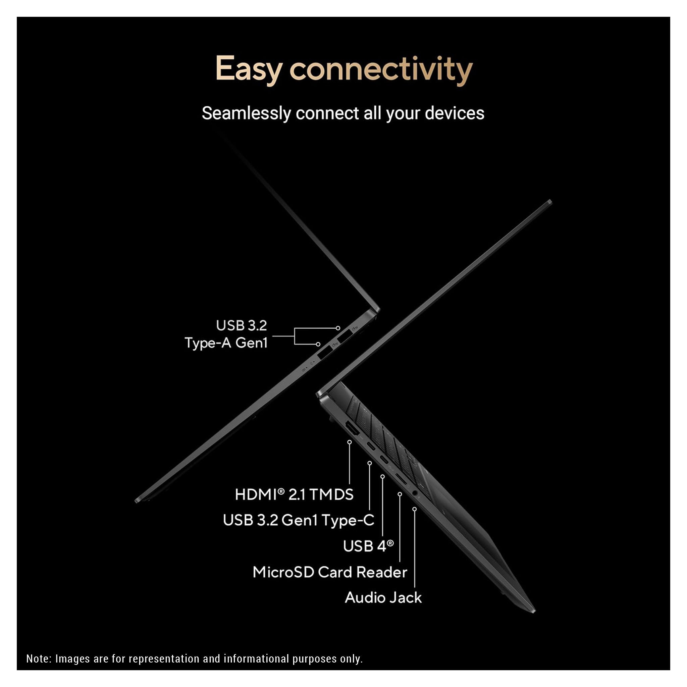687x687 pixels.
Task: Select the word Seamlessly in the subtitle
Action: pyautogui.click(x=247, y=113)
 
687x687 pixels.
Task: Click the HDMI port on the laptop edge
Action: pyautogui.click(x=353, y=429)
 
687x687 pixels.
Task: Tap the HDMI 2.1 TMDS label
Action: pyautogui.click(x=294, y=494)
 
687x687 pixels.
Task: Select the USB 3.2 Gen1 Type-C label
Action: pyautogui.click(x=298, y=520)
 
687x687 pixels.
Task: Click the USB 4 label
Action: pyautogui.click(x=368, y=546)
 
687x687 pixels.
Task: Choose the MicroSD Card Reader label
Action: pyautogui.click(x=330, y=572)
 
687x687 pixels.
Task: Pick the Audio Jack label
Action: pyautogui.click(x=383, y=597)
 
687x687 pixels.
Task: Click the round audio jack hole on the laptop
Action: pyautogui.click(x=414, y=493)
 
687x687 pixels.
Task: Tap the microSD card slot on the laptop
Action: pyautogui.click(x=402, y=480)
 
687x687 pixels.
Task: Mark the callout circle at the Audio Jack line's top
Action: pyautogui.click(x=414, y=509)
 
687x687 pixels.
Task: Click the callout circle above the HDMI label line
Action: pyautogui.click(x=350, y=442)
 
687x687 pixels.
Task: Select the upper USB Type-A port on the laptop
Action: pyautogui.click(x=344, y=336)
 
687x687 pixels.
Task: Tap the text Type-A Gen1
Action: pyautogui.click(x=226, y=343)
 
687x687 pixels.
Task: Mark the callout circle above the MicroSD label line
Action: pyautogui.click(x=400, y=494)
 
